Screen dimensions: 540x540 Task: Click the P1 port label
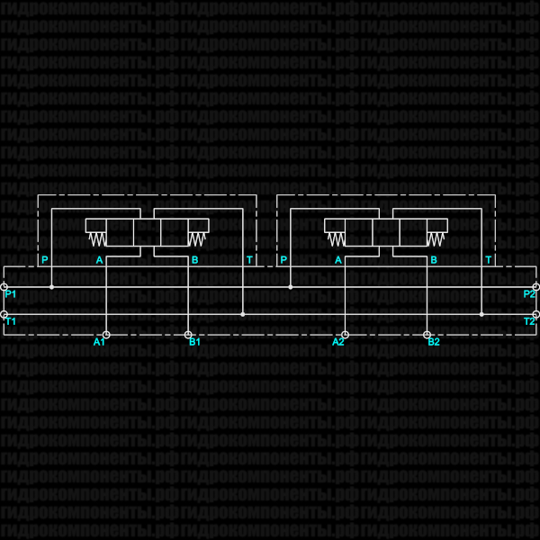[x=11, y=294]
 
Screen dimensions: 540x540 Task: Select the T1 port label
[x=11, y=321]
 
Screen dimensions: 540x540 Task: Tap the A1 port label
[x=99, y=342]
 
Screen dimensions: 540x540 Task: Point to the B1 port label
[x=194, y=342]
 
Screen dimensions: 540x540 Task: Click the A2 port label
[x=338, y=342]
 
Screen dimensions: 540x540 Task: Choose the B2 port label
[x=434, y=342]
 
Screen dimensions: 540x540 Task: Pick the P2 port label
[x=529, y=294]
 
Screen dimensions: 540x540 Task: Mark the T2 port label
[x=529, y=321]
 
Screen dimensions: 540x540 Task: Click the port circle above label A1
[x=106, y=334]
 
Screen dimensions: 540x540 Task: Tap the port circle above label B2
[x=427, y=334]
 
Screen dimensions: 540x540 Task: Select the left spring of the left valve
[x=96, y=239]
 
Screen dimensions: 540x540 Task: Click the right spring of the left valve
[x=197, y=239]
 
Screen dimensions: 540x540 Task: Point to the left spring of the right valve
[x=336, y=239]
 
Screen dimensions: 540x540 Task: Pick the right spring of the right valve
[x=436, y=239]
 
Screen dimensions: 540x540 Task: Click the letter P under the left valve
[x=43, y=260]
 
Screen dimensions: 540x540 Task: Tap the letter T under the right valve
[x=489, y=260]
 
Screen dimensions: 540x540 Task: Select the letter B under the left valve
[x=194, y=260]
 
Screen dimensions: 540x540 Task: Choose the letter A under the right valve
[x=338, y=260]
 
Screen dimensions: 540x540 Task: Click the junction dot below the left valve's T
[x=243, y=314]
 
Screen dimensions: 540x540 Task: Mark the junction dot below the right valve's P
[x=291, y=287]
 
